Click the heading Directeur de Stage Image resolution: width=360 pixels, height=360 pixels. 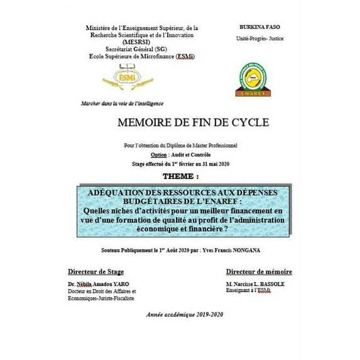95,271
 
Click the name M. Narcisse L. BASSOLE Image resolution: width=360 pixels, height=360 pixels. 253,284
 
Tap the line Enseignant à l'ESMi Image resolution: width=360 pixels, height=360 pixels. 247,291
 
